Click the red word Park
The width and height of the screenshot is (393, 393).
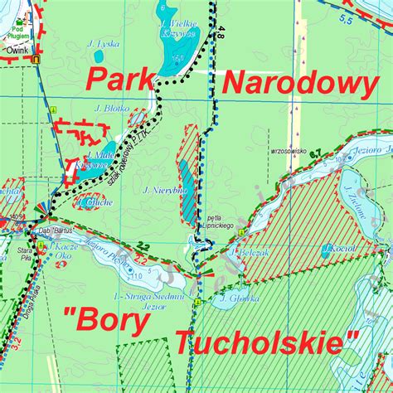[x=119, y=81]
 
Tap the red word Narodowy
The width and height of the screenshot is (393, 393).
[x=300, y=83]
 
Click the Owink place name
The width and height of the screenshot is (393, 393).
[x=19, y=51]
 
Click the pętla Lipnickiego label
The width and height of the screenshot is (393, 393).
[x=215, y=224]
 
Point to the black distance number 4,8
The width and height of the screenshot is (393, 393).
[x=219, y=36]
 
